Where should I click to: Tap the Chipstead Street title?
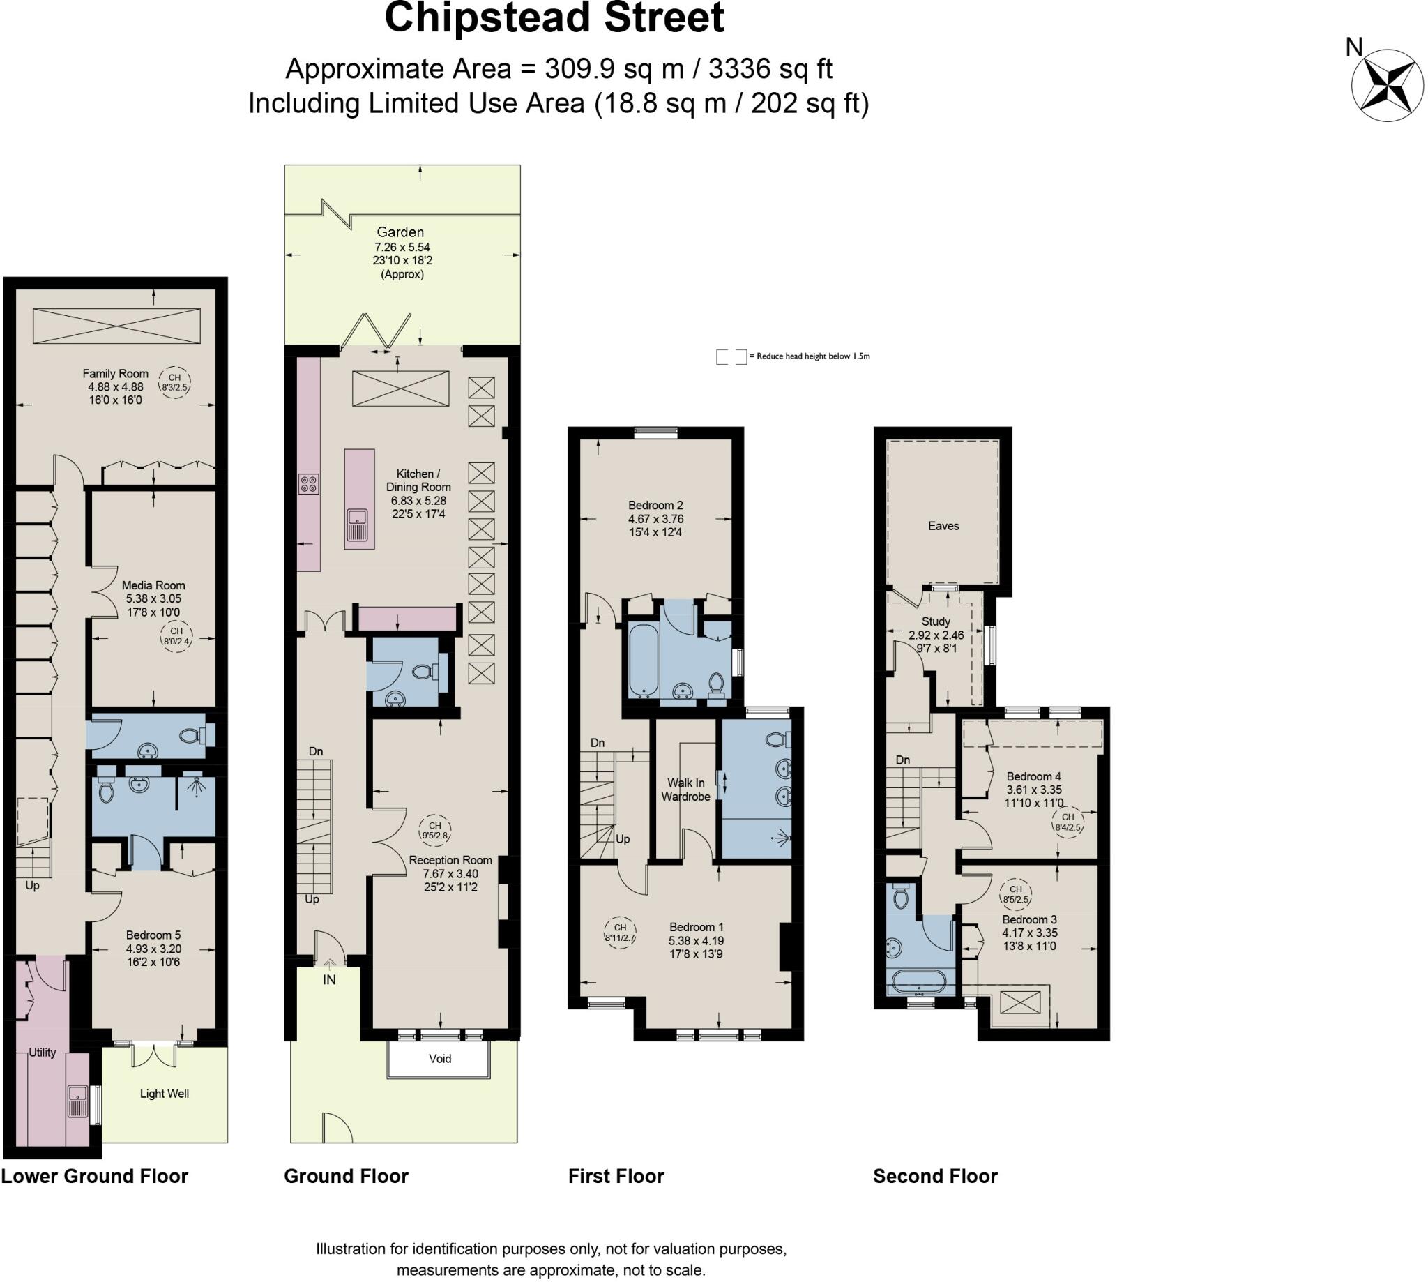[554, 18]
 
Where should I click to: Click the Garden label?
[400, 232]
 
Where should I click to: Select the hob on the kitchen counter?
[308, 483]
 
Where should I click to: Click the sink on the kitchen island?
[358, 522]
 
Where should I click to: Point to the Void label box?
[439, 1059]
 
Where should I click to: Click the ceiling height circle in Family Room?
[174, 382]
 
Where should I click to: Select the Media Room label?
[153, 585]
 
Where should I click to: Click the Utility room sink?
[78, 1101]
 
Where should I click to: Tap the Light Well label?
[164, 1093]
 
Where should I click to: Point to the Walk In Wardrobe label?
[685, 789]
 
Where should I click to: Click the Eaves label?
[943, 525]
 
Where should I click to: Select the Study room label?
[935, 621]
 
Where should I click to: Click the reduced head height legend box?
[731, 356]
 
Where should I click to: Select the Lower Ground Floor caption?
[95, 1177]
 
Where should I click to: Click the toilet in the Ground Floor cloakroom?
[425, 671]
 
